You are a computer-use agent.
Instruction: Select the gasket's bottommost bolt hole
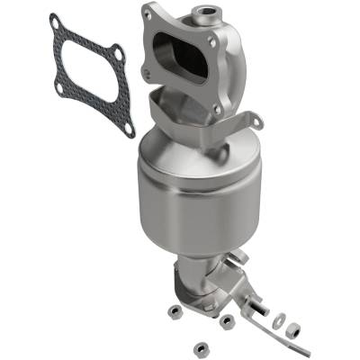coord(128,129)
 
